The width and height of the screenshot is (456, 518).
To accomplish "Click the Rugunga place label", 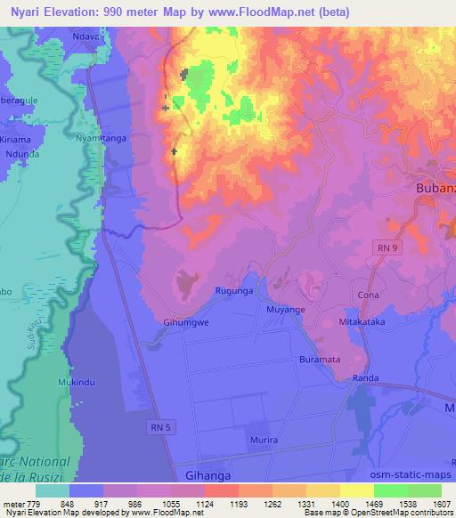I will point(235,290).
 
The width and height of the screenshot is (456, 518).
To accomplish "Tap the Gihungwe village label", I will point(185,325).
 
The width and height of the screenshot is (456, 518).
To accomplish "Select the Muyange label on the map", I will point(286,309).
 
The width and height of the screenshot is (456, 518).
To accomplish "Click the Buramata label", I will point(321,359).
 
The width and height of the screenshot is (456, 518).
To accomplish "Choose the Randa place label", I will point(365,378).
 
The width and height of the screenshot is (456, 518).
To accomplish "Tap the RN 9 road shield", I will point(384,249).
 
